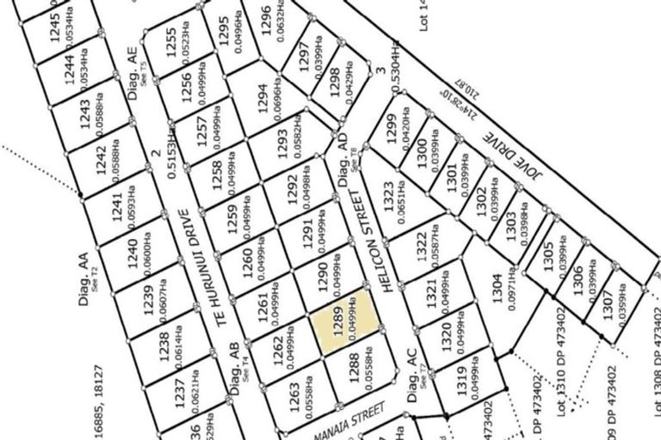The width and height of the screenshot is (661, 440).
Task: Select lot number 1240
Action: point(132,254)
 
